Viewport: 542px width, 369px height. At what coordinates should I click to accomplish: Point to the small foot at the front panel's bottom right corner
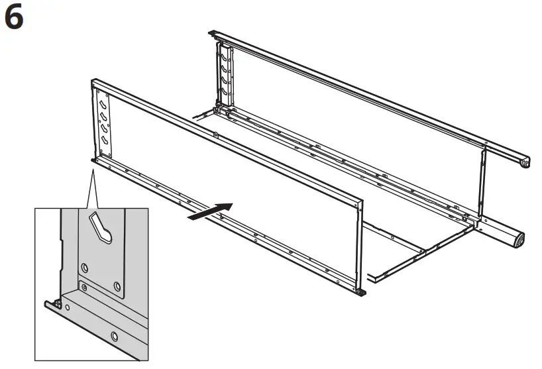[361, 291]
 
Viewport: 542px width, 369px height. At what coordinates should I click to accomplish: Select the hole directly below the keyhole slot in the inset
[85, 266]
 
